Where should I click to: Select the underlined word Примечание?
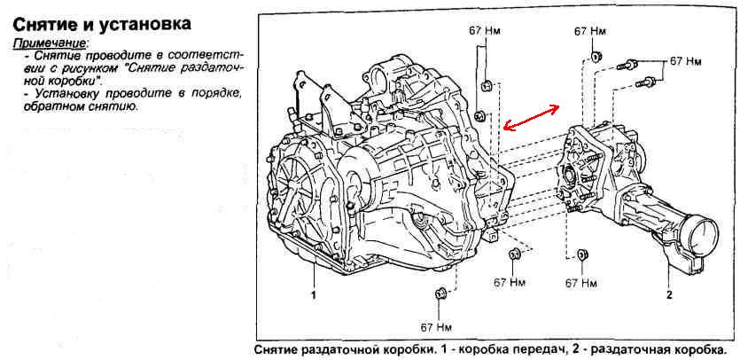point(50,43)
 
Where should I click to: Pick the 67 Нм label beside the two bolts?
point(685,62)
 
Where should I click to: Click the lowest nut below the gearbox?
point(440,293)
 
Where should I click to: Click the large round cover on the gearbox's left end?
point(302,196)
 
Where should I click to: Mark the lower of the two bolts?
point(645,83)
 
